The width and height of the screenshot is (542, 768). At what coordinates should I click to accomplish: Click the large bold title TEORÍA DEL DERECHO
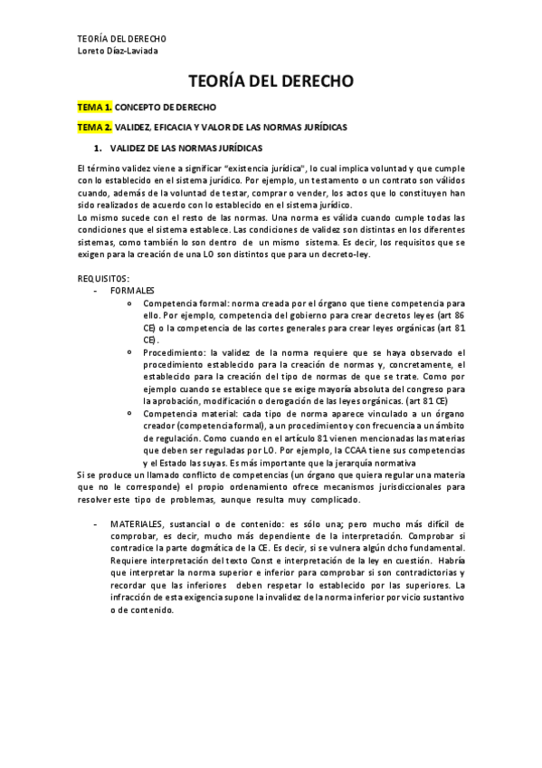[271, 81]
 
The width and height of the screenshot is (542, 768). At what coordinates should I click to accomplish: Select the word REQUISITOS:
[104, 278]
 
